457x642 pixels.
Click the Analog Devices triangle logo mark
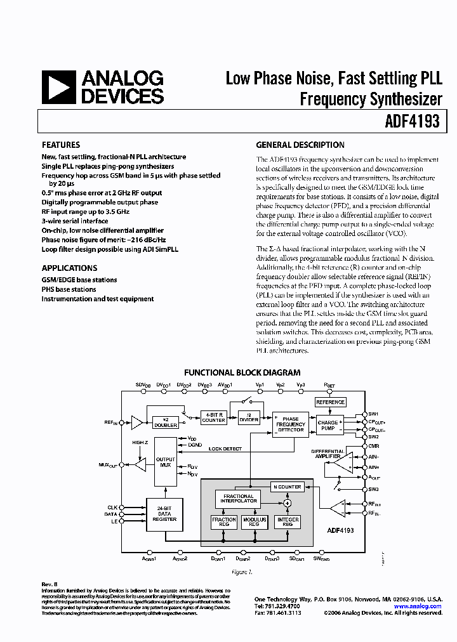[x=58, y=88]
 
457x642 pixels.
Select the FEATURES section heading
[x=61, y=145]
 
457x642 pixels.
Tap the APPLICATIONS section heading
[x=69, y=268]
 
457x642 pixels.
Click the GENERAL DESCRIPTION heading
[x=300, y=145]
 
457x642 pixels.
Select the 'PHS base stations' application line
[x=69, y=289]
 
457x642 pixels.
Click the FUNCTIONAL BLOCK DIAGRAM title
[x=242, y=372]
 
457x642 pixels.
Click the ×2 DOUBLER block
[x=165, y=423]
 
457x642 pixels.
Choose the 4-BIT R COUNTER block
[x=214, y=417]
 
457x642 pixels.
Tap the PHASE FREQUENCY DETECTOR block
[x=290, y=424]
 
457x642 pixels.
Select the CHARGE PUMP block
[x=328, y=426]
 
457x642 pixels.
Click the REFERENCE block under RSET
[x=330, y=402]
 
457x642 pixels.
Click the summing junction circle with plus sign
[x=287, y=502]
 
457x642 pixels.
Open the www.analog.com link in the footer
[x=417, y=606]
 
